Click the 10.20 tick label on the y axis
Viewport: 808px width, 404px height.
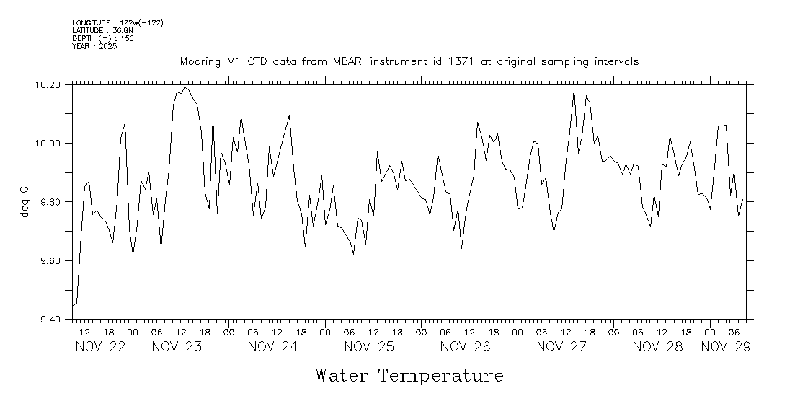point(48,85)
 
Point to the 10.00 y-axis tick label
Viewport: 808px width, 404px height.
point(48,144)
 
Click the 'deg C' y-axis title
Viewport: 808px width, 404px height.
point(25,201)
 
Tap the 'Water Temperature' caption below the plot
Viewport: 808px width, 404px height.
point(409,376)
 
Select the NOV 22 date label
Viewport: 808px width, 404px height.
point(100,347)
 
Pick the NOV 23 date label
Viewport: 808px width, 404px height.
point(177,347)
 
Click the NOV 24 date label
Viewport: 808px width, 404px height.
point(272,347)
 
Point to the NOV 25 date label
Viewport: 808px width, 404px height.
point(369,347)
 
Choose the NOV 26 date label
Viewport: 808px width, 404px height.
point(465,347)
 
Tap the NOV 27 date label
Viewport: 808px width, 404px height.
point(561,347)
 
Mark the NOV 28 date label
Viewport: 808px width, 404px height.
point(657,347)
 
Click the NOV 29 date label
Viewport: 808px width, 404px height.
point(726,347)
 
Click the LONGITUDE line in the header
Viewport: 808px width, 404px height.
point(117,23)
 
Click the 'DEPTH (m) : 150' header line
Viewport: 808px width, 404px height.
point(102,38)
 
